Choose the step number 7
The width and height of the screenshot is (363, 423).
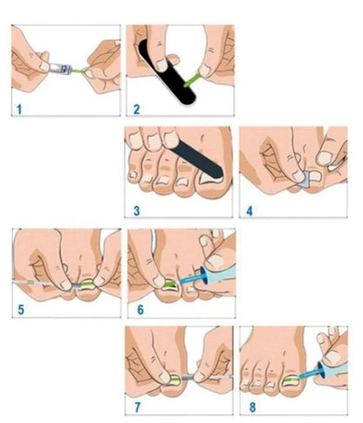(x=135, y=406)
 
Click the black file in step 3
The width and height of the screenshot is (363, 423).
(x=192, y=157)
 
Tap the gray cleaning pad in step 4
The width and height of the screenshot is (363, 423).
(x=303, y=181)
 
